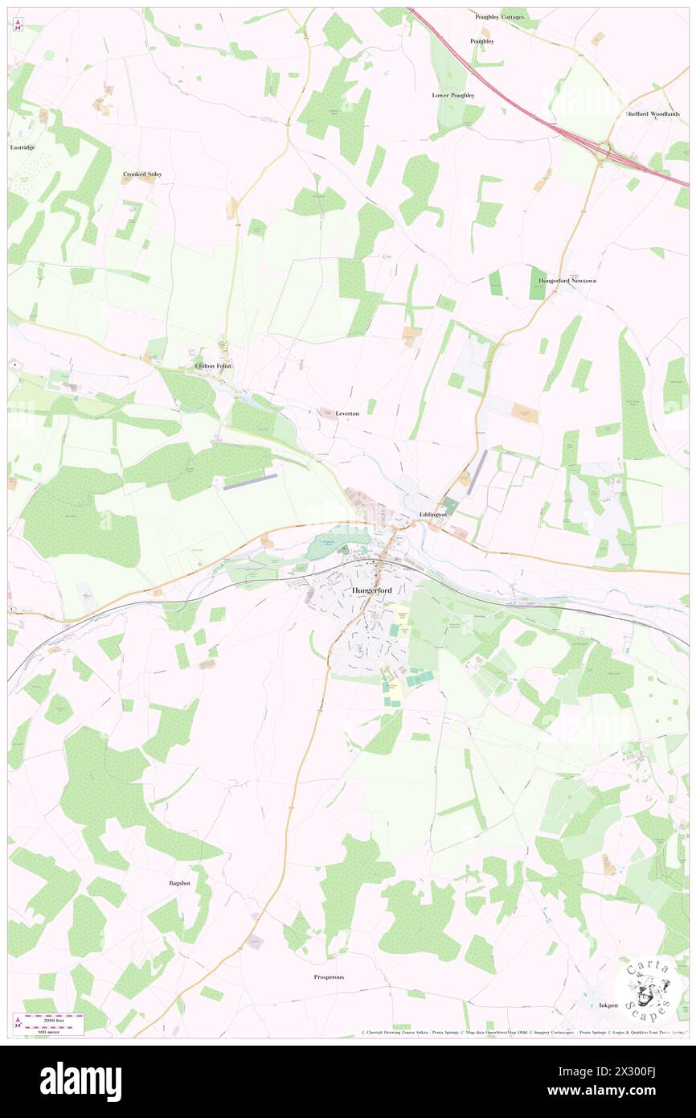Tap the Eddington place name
tap(432, 514)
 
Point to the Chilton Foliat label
tap(213, 366)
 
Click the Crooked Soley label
tap(142, 174)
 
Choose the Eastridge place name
tap(22, 147)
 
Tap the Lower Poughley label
tap(453, 95)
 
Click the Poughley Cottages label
tap(499, 16)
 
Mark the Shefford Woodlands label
tap(653, 113)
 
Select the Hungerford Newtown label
tap(567, 281)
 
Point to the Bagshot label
tap(179, 883)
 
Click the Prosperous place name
tap(329, 976)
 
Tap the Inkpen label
tap(608, 1005)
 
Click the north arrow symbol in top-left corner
tap(18, 25)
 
